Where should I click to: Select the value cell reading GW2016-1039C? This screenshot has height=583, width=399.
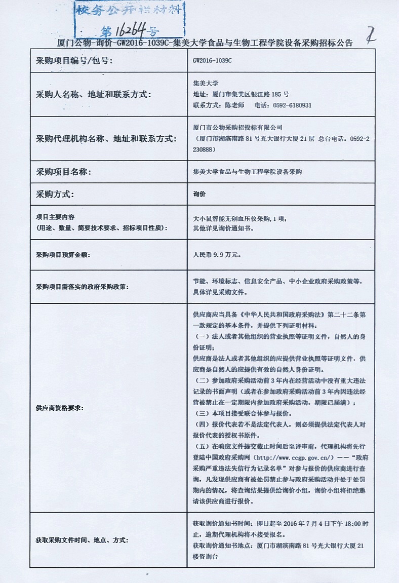pyautogui.click(x=212, y=60)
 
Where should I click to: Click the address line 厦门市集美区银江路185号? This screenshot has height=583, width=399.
pyautogui.click(x=241, y=94)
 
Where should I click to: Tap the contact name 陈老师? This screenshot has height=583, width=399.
pyautogui.click(x=234, y=105)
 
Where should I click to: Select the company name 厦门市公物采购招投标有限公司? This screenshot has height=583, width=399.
pyautogui.click(x=238, y=127)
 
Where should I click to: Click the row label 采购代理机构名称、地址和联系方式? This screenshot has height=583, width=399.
pyautogui.click(x=106, y=139)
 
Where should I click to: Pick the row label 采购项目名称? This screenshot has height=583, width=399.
pyautogui.click(x=63, y=172)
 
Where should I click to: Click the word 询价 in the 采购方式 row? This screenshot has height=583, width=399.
pyautogui.click(x=200, y=194)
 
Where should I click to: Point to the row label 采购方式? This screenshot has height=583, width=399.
pyautogui.click(x=55, y=194)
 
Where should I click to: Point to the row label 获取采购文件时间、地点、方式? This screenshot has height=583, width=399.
pyautogui.click(x=82, y=540)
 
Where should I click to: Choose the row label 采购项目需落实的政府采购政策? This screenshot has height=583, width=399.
pyautogui.click(x=82, y=287)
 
